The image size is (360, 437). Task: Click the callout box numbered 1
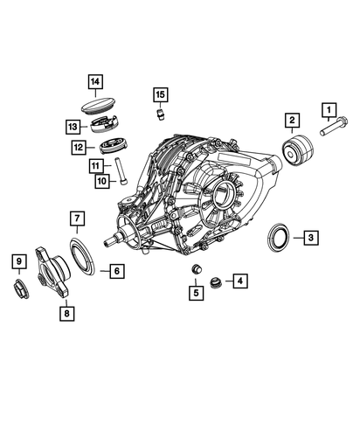click(329, 110)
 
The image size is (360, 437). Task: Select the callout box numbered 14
click(95, 81)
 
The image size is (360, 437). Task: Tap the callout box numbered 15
click(161, 94)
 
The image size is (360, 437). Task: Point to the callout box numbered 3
click(311, 238)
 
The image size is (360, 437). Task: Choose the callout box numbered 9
click(19, 261)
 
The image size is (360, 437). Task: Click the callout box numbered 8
click(67, 314)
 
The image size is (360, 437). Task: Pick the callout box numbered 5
click(196, 293)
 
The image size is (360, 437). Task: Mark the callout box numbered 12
click(79, 147)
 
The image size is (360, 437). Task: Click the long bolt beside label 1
click(334, 127)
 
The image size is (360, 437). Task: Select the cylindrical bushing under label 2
click(298, 150)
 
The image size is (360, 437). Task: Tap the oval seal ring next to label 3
click(278, 237)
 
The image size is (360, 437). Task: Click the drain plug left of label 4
click(216, 282)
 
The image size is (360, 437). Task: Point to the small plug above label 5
click(197, 269)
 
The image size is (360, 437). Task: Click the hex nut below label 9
click(22, 288)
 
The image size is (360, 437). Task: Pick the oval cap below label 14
click(98, 105)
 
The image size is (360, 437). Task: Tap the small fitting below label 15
click(160, 114)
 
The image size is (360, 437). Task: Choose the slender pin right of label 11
click(121, 170)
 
